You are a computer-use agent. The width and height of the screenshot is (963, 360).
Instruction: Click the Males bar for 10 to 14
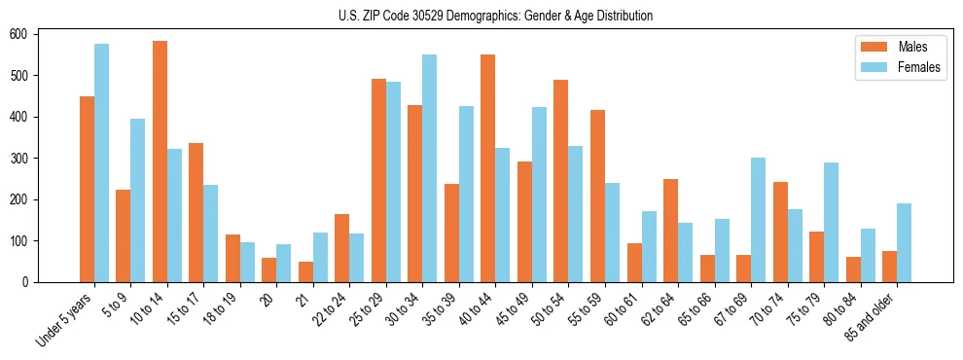click(160, 162)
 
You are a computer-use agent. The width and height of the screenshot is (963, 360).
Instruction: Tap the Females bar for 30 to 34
click(430, 168)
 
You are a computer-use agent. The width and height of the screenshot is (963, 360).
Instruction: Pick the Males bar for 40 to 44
click(488, 168)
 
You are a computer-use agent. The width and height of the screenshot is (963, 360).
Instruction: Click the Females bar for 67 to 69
click(758, 220)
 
